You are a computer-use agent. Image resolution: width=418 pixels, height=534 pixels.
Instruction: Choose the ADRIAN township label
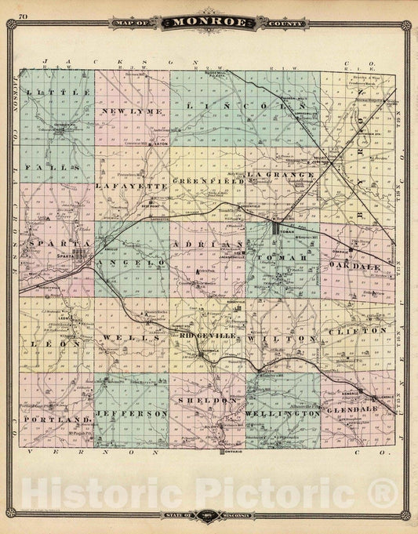pyautogui.click(x=207, y=245)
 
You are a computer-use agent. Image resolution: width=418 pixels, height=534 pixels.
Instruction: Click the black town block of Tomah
pyautogui.click(x=277, y=230)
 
